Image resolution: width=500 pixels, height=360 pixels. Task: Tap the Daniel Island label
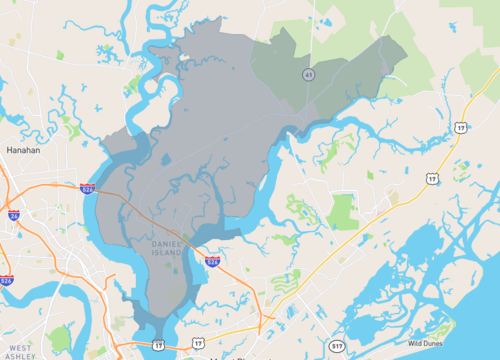[165, 249]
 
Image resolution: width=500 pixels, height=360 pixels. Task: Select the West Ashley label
[20, 351]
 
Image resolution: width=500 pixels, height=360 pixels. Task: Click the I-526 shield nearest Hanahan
[89, 186]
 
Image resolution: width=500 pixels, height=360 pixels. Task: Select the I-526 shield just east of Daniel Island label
[212, 261]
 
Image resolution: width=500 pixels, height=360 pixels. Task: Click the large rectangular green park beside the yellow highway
[343, 211]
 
